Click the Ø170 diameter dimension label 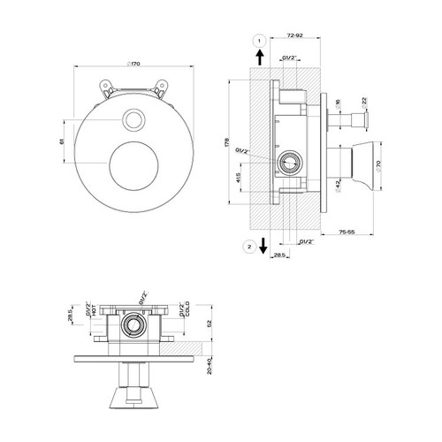coord(133,64)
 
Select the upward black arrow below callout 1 coord(258,59)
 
